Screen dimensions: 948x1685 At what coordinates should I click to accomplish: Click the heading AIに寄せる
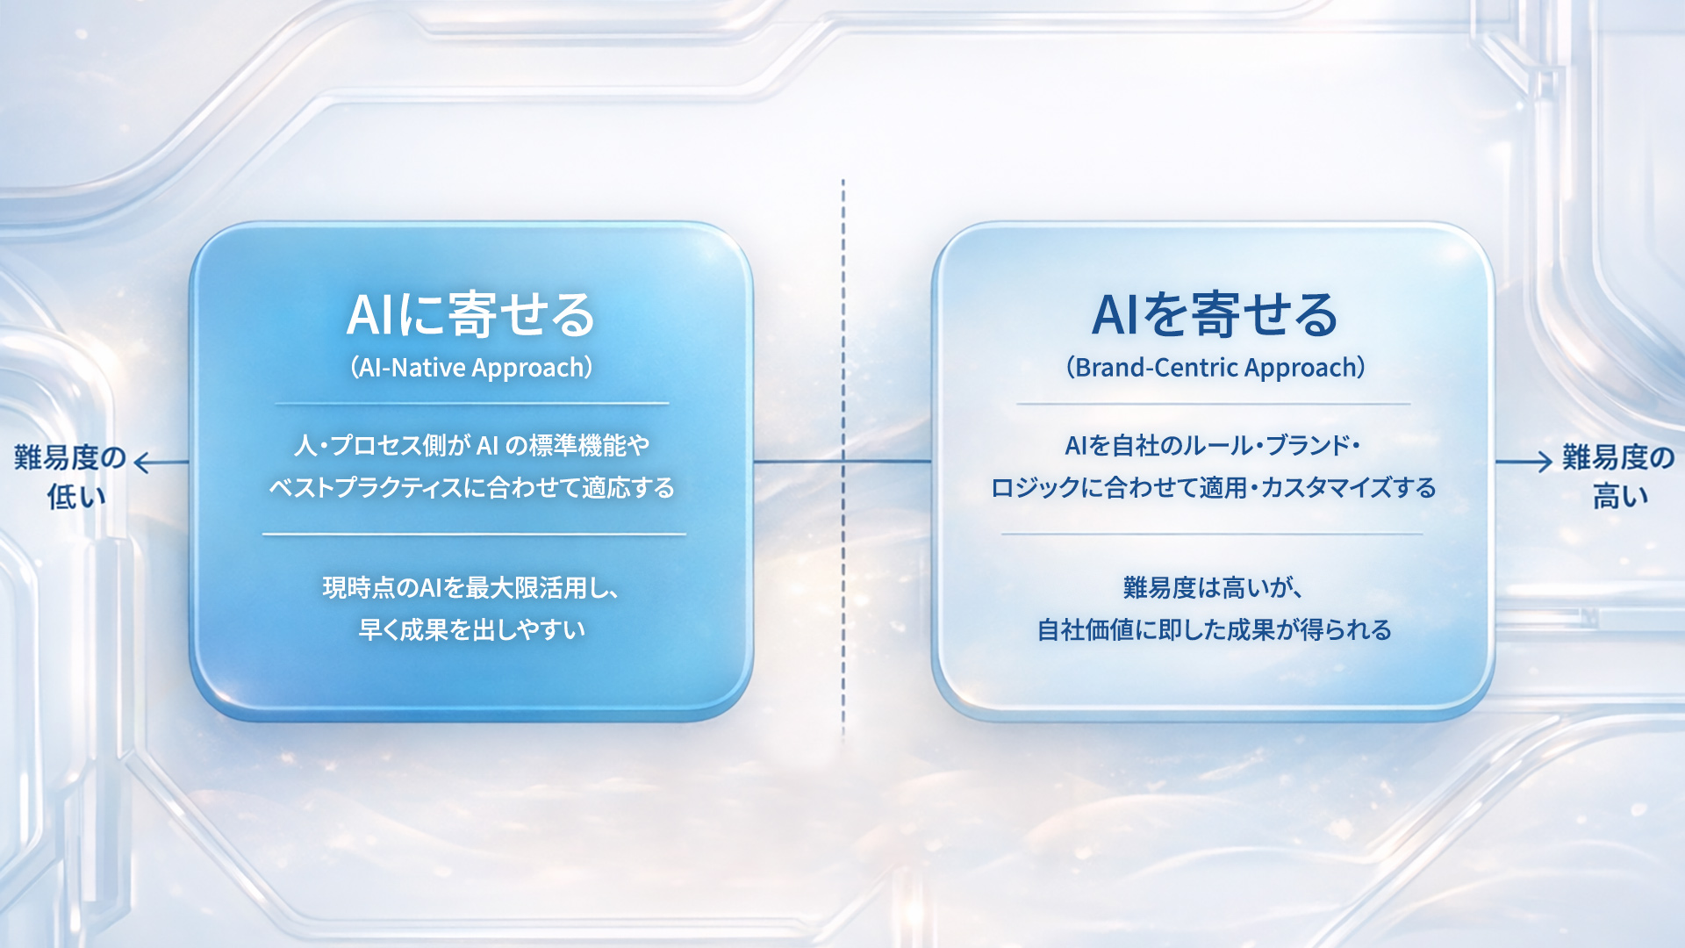[x=471, y=314]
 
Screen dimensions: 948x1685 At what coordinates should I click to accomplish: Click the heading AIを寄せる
[x=1215, y=314]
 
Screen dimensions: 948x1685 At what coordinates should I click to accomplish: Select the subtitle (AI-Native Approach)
[x=471, y=367]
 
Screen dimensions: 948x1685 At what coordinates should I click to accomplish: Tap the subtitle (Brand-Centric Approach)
[x=1215, y=367]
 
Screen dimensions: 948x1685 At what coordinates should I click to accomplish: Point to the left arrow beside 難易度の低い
[x=160, y=463]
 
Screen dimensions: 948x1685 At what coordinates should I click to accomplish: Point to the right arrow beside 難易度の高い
[x=1525, y=462]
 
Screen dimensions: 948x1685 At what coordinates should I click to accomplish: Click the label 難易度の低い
[x=70, y=477]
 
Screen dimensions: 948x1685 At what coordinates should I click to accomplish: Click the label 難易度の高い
[x=1618, y=477]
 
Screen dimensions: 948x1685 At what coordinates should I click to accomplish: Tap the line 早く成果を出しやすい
[x=471, y=629]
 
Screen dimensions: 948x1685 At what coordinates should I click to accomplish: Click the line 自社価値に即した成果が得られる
[x=1215, y=629]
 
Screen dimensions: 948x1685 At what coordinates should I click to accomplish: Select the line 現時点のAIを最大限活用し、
[x=471, y=587]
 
